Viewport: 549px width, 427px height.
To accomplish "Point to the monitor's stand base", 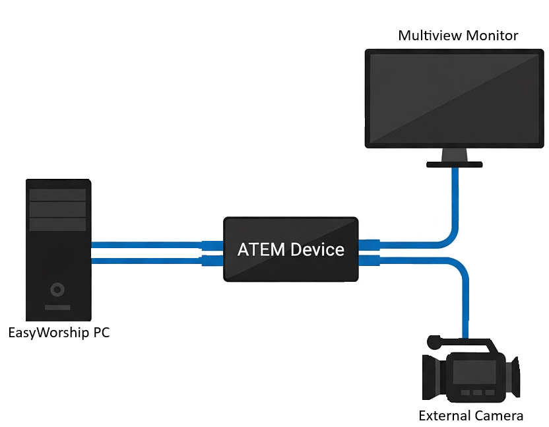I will click(x=454, y=163).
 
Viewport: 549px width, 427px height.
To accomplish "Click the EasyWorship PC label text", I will click(x=59, y=332).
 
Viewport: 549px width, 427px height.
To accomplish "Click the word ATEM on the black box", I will click(x=261, y=249).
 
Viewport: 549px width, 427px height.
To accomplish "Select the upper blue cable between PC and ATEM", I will click(x=145, y=245).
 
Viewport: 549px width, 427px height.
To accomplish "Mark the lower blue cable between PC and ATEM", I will click(x=145, y=261).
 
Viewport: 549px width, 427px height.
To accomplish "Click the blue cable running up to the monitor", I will click(x=455, y=205).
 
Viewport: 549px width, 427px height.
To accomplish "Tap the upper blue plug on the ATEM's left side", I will click(x=212, y=245).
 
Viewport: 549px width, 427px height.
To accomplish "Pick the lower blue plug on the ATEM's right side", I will click(x=370, y=260).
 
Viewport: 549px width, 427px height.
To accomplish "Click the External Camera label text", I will click(x=470, y=416).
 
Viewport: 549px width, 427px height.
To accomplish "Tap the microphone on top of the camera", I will click(x=434, y=343).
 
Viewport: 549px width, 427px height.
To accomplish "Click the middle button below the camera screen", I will click(x=475, y=393).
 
